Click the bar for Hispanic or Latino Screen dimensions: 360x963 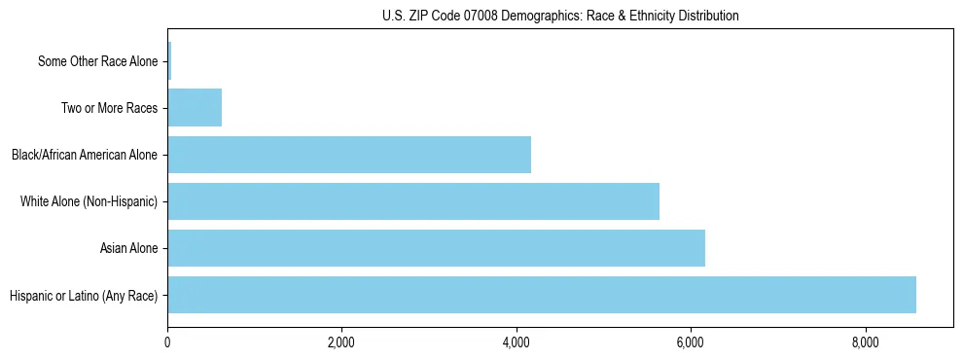click(x=541, y=295)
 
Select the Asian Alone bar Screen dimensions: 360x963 click(x=436, y=248)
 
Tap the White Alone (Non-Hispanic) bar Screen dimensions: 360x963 click(x=412, y=201)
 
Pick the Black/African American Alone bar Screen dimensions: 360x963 click(x=348, y=155)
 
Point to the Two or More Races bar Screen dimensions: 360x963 click(x=195, y=108)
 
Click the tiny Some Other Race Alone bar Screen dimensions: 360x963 click(x=169, y=61)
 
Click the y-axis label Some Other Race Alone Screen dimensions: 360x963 click(x=97, y=61)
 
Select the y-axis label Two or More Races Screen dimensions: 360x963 click(x=109, y=108)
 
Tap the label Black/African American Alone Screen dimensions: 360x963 click(x=85, y=155)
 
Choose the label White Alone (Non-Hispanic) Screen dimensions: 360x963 click(x=89, y=201)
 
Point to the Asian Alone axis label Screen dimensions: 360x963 click(x=128, y=248)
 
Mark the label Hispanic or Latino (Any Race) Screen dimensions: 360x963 click(x=84, y=295)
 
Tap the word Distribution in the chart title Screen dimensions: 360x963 click(x=703, y=16)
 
